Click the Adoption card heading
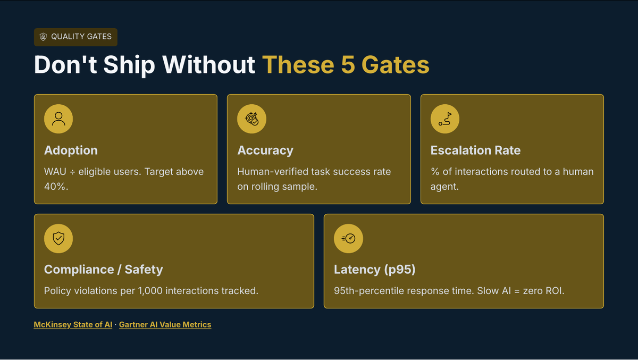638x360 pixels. click(x=71, y=150)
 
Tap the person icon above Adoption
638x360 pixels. click(x=58, y=119)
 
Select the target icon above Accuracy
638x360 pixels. click(x=251, y=119)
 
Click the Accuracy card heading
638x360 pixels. click(x=265, y=150)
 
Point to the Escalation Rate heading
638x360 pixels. click(x=475, y=150)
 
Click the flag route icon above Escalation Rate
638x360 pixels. click(x=445, y=119)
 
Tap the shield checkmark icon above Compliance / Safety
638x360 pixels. click(x=58, y=238)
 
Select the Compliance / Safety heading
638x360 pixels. click(x=103, y=270)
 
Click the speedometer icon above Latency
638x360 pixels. click(x=348, y=238)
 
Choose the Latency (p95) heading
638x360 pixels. click(x=374, y=270)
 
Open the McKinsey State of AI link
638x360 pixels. click(x=73, y=324)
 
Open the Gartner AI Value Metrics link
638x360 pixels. click(x=165, y=324)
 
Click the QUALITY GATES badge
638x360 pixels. click(x=75, y=37)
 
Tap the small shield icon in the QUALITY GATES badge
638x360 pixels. click(x=44, y=37)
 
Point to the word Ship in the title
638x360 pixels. click(x=129, y=65)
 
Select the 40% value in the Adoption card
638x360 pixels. click(x=55, y=187)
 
